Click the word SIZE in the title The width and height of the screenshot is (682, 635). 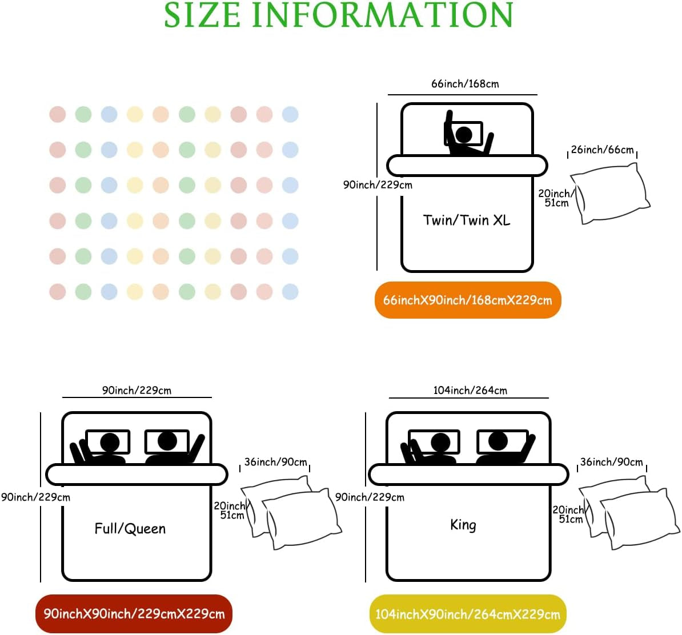pyautogui.click(x=202, y=15)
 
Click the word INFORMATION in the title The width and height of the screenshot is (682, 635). pyautogui.click(x=383, y=15)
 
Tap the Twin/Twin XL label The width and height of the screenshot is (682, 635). pyautogui.click(x=466, y=220)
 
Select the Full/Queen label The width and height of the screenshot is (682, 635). pyautogui.click(x=130, y=528)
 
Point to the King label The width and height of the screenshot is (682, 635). pyautogui.click(x=463, y=525)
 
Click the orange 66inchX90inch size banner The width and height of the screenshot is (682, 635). pyautogui.click(x=468, y=300)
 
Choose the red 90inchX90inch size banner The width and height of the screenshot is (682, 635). pyautogui.click(x=134, y=614)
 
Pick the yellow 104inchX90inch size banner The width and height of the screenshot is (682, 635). pyautogui.click(x=468, y=614)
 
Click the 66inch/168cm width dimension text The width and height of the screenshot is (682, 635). pyautogui.click(x=465, y=83)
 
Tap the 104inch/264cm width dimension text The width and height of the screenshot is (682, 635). pyautogui.click(x=470, y=390)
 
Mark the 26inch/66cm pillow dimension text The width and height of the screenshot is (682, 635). pyautogui.click(x=603, y=150)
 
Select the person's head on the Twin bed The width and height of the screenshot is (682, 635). pyautogui.click(x=464, y=134)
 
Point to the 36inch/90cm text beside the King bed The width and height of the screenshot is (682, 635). pyautogui.click(x=612, y=462)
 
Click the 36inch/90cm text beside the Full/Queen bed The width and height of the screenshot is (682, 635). pyautogui.click(x=276, y=462)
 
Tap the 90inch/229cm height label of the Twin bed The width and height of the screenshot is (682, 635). pyautogui.click(x=378, y=185)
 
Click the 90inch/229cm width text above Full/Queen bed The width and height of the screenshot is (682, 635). pyautogui.click(x=137, y=390)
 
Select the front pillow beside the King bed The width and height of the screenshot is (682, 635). pyautogui.click(x=639, y=519)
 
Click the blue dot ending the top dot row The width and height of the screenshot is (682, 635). pyautogui.click(x=290, y=114)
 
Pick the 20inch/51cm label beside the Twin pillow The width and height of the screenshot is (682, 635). pyautogui.click(x=556, y=198)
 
